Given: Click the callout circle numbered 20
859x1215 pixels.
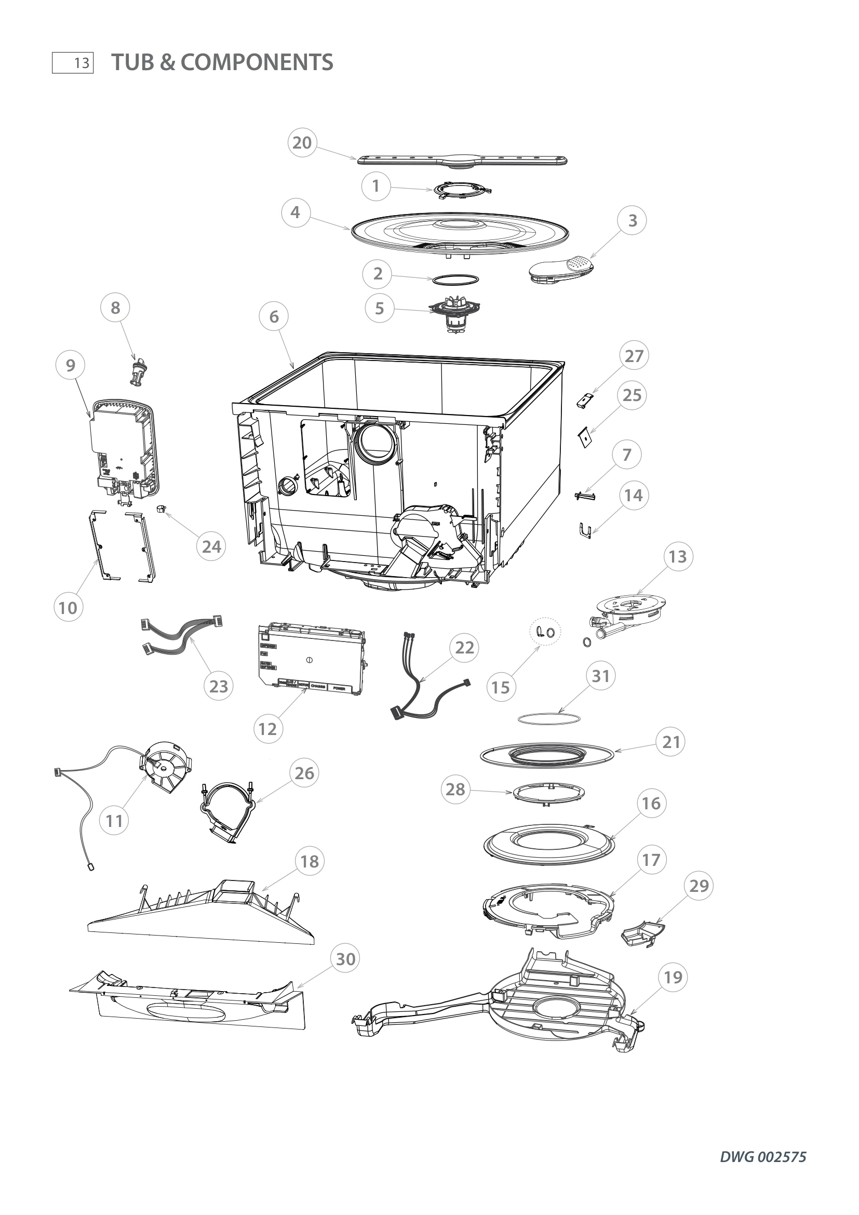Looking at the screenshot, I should click(302, 143).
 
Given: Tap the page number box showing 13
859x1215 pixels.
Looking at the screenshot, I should click(73, 63).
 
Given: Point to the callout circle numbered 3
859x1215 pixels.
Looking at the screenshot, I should click(632, 220).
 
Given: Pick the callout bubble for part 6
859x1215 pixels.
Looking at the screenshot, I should click(274, 316).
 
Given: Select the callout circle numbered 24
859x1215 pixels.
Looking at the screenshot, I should click(211, 546).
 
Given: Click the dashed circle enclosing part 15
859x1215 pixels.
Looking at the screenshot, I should click(545, 631).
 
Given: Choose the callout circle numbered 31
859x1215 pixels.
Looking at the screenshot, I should click(601, 676).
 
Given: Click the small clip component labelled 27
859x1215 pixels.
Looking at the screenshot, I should click(585, 400).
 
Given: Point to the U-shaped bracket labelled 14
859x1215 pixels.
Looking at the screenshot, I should click(584, 530).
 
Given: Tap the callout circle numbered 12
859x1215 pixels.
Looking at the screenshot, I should click(267, 729).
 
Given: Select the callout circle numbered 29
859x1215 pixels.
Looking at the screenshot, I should click(699, 886).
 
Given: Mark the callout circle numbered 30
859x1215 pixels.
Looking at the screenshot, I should click(345, 959).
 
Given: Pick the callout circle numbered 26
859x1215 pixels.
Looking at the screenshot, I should click(304, 773).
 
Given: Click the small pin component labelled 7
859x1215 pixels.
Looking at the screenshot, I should click(585, 496).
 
